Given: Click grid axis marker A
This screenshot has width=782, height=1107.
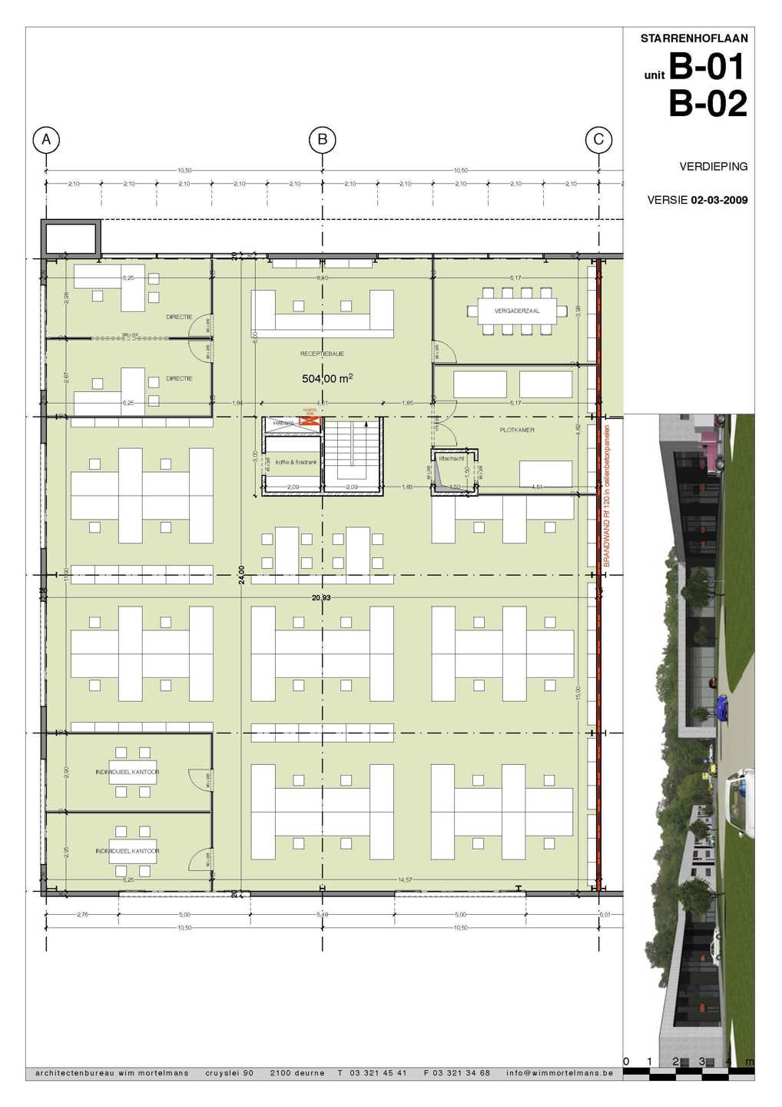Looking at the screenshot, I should coord(47,139).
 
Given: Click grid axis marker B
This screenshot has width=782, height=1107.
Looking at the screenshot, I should coord(323,139).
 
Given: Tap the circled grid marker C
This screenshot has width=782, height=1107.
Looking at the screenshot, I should coord(598,139).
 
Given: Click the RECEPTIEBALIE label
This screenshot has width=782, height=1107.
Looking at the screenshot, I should coord(322,354).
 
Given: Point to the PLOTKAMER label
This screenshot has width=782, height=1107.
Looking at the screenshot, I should coord(516,430).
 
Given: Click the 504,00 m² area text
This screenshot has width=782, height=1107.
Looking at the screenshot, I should coord(327,378).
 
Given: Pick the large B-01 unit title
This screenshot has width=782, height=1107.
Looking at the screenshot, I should coord(707,67).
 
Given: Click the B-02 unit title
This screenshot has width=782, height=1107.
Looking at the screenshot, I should coord(707,104).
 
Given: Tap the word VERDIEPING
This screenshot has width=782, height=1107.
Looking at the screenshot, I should coord(714,166).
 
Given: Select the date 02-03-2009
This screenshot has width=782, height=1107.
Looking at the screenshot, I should coord(719,201).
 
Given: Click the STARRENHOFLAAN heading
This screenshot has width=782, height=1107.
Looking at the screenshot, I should coord(694,38).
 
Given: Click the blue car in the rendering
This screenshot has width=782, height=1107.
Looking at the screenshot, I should coord(721,706).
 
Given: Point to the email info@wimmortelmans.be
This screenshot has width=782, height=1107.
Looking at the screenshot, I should coord(559,1072).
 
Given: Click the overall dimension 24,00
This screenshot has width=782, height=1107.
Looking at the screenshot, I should coord(241,575).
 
